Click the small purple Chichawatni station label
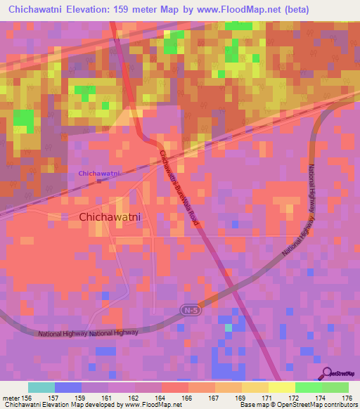pyautogui.click(x=99, y=173)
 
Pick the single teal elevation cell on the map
pyautogui.click(x=227, y=327)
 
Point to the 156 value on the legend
pyautogui.click(x=28, y=398)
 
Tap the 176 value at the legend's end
pyautogui.click(x=347, y=398)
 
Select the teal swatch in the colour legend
pyautogui.click(x=41, y=387)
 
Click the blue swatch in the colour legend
pyautogui.click(x=67, y=387)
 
